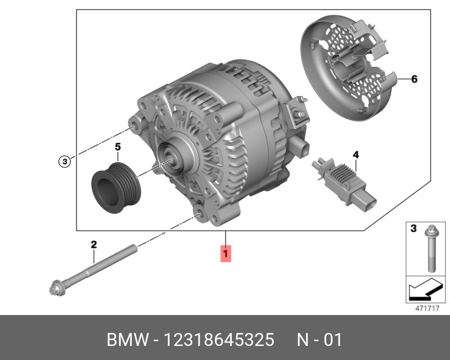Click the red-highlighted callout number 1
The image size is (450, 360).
point(226,254)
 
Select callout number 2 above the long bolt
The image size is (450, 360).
point(93,245)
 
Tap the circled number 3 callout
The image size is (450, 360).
point(65,161)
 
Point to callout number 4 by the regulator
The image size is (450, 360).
point(355,155)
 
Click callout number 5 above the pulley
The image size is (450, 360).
point(118,147)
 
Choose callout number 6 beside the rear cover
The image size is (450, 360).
point(414,79)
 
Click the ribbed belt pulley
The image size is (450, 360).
point(116,188)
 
